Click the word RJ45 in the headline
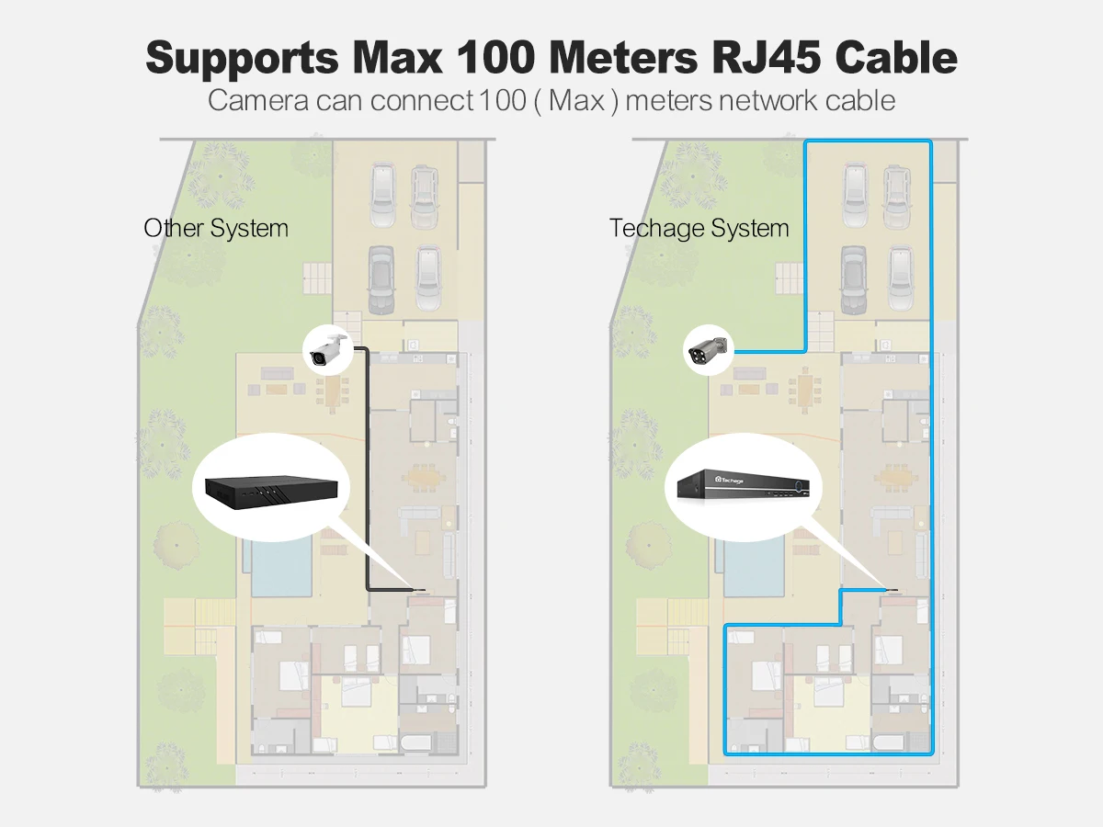[767, 58]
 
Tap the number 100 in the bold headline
[495, 58]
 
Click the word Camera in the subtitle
[257, 100]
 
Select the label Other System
[216, 229]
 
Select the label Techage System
[699, 229]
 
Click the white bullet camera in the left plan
[329, 349]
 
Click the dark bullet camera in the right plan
[708, 349]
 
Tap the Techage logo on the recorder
[729, 480]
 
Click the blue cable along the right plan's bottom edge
[828, 753]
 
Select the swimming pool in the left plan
[281, 565]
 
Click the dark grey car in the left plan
[381, 279]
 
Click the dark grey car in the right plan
[854, 279]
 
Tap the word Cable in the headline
[896, 58]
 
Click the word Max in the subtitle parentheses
[576, 100]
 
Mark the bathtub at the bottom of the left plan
[416, 742]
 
